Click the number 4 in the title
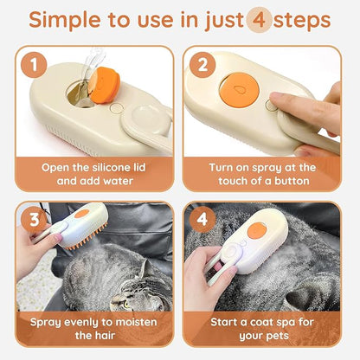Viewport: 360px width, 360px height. pos(257,21)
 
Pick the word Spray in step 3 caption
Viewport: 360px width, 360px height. pos(46,321)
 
